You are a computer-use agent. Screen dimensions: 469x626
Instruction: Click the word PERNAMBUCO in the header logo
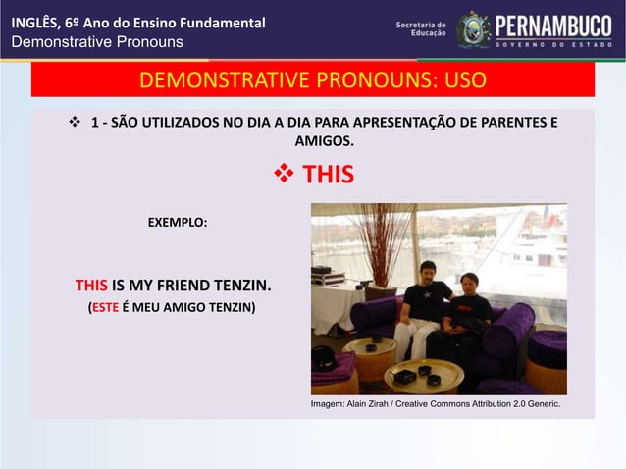[x=552, y=25]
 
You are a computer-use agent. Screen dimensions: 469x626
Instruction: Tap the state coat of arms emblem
[x=472, y=29]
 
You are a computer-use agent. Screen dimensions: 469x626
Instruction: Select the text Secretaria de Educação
[x=421, y=28]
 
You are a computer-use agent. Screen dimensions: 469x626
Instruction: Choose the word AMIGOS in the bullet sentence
[x=312, y=143]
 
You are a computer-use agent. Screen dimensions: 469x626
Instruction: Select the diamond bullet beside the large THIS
[x=283, y=176]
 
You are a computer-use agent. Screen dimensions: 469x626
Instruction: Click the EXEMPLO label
[x=178, y=223]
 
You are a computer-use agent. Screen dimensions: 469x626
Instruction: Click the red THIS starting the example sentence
[x=91, y=287]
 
